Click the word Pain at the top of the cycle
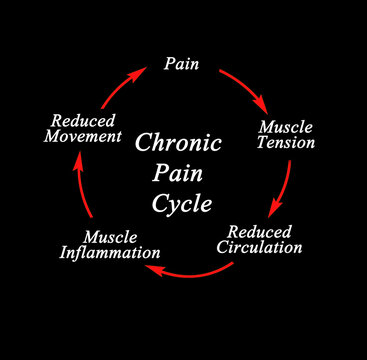(181, 65)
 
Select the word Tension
(286, 142)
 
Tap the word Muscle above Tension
(284, 126)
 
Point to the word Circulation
(259, 246)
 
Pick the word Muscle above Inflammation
(111, 237)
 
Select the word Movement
(83, 135)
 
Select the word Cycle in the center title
(183, 203)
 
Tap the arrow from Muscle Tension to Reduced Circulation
(285, 186)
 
